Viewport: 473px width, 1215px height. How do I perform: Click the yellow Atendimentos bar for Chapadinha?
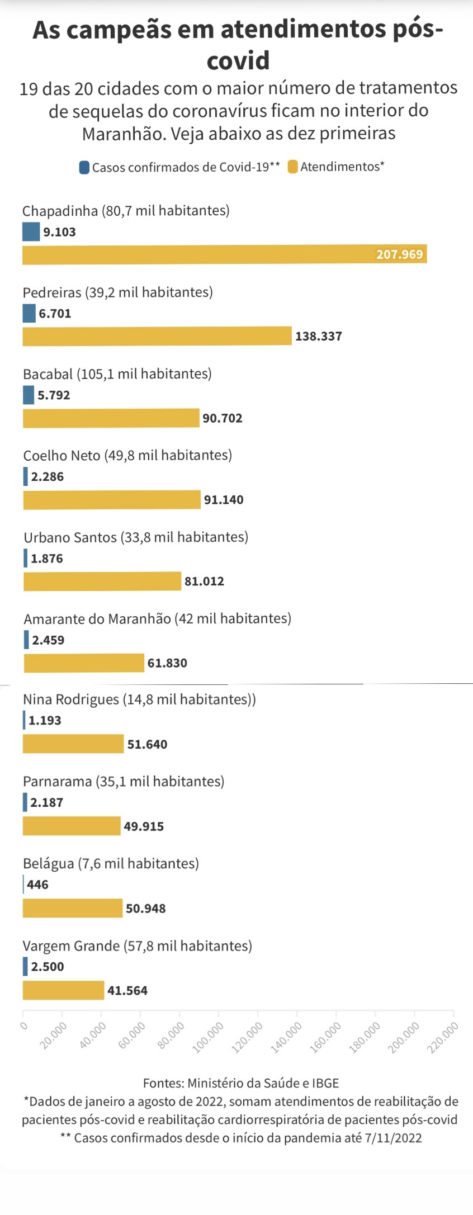pos(224,254)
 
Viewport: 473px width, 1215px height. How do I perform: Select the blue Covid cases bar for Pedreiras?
pos(29,313)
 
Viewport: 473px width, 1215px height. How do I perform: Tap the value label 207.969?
pos(399,254)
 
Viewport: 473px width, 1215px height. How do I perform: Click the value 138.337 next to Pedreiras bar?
pos(318,336)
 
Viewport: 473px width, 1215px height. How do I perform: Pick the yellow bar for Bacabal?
pos(111,418)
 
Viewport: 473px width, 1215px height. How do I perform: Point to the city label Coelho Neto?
pos(62,455)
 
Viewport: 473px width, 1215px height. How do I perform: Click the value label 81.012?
pos(204,581)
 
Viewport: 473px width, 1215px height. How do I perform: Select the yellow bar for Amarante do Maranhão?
pos(84,663)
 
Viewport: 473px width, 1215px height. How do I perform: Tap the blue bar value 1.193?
pos(45,720)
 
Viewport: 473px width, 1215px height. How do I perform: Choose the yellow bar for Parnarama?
pos(72,826)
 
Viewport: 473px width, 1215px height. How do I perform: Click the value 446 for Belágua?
pos(37,884)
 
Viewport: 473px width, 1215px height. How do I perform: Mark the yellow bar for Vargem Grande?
pos(63,990)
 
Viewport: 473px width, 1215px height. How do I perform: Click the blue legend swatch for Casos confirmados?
pos(84,167)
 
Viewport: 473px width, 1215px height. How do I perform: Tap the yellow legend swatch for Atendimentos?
pos(292,167)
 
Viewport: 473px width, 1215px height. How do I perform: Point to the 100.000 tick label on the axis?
pos(209,1038)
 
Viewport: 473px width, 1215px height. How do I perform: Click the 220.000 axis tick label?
pos(443,1038)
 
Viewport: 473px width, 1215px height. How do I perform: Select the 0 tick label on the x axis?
pos(23,1025)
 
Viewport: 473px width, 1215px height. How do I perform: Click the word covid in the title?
pos(238,60)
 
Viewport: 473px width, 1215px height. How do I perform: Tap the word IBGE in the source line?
pos(325,1083)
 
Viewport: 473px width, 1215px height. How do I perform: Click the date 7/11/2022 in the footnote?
pos(393,1138)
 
